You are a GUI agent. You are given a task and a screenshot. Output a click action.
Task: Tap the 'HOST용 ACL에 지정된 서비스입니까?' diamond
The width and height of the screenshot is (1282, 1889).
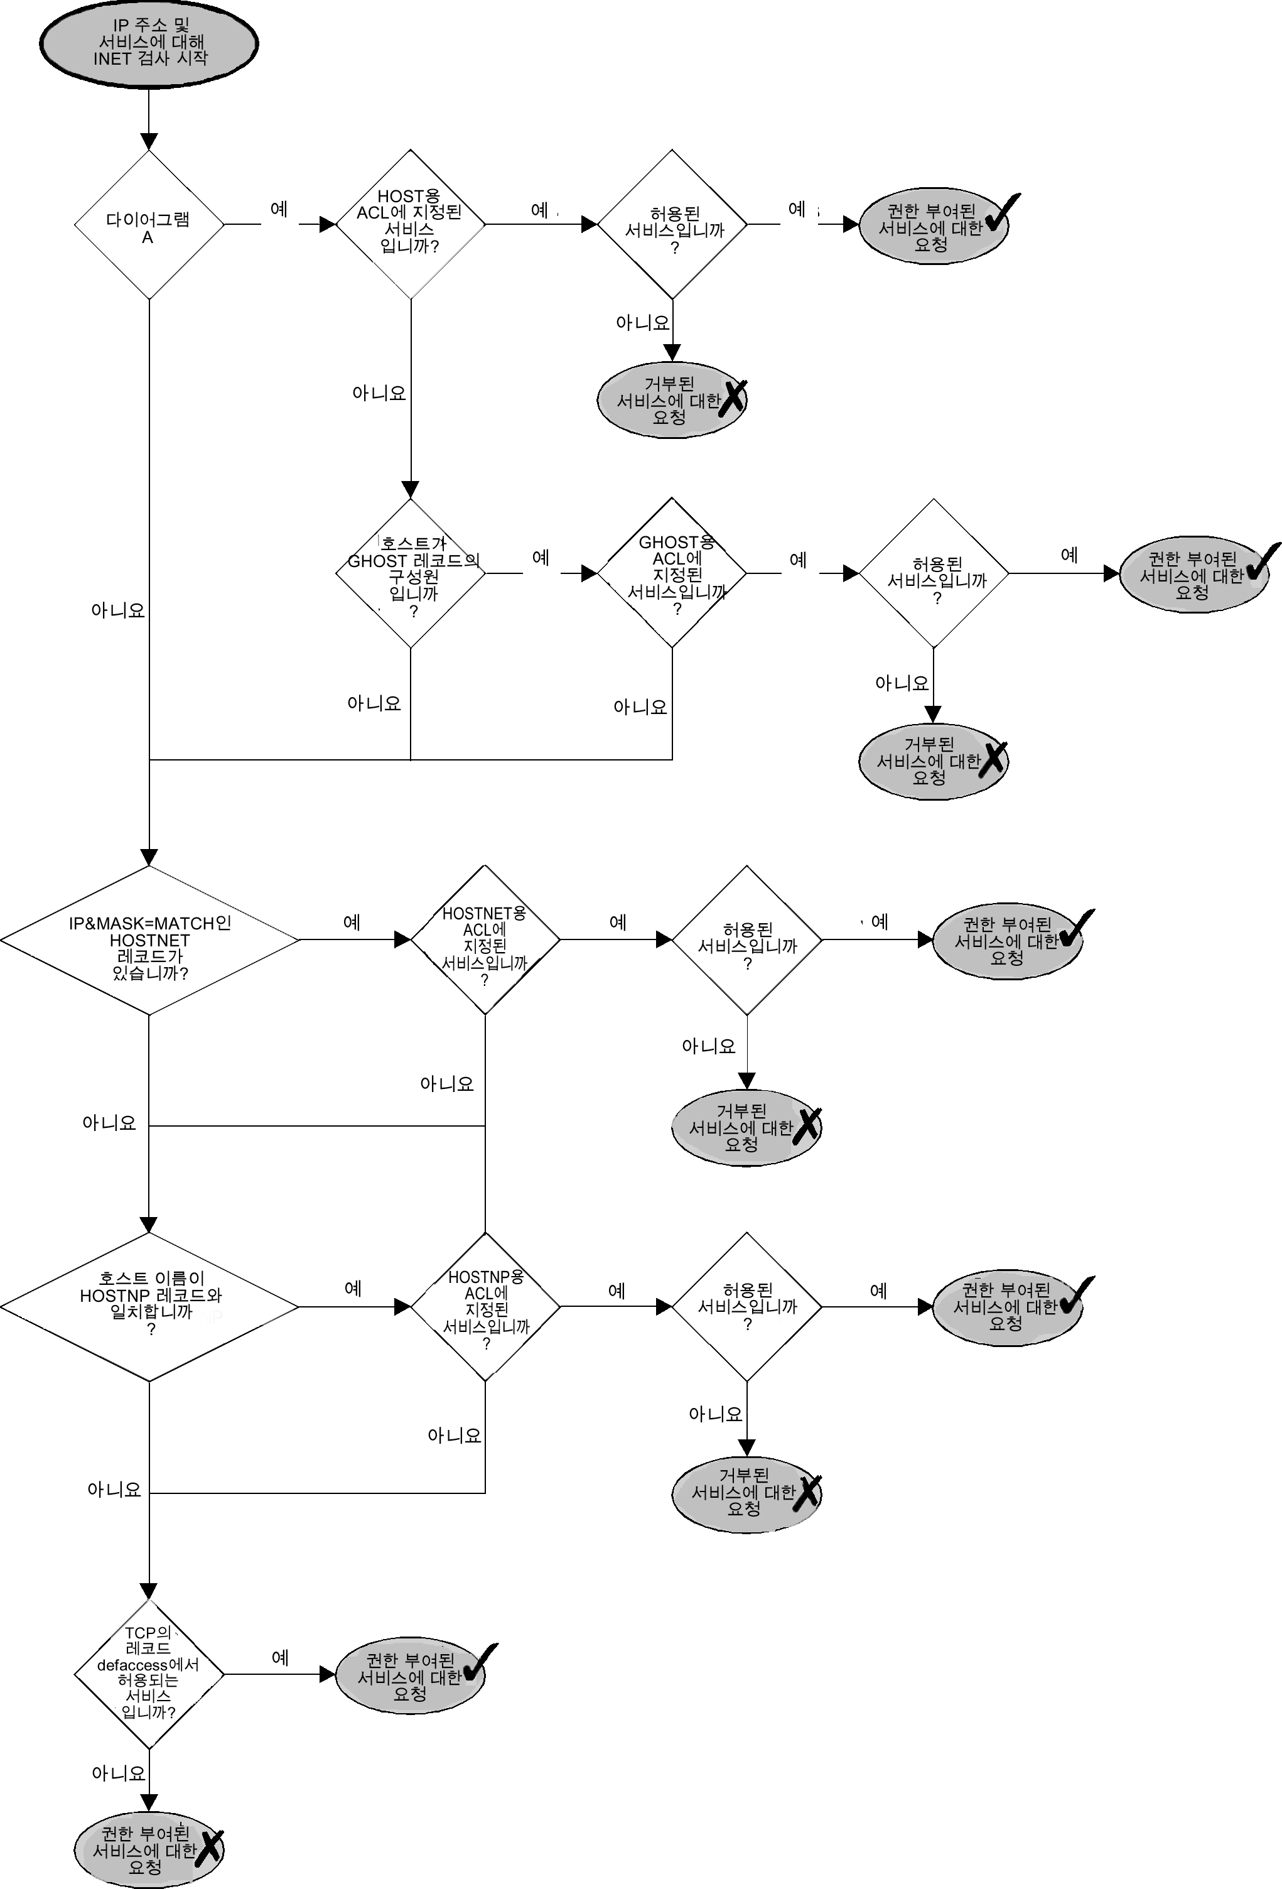[410, 224]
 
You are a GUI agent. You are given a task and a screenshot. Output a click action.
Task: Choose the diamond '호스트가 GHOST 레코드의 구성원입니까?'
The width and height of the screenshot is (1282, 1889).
[410, 573]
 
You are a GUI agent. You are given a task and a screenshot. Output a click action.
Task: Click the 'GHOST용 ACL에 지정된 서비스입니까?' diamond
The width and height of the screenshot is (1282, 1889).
[672, 573]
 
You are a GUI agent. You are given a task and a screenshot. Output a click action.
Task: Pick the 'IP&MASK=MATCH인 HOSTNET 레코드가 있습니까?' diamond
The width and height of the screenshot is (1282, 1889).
[149, 941]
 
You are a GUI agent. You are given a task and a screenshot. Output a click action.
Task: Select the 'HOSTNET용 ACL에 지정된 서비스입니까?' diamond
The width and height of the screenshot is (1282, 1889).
[485, 941]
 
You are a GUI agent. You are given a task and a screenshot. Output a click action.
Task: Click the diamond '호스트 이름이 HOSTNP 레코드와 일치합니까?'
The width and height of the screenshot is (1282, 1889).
[149, 1307]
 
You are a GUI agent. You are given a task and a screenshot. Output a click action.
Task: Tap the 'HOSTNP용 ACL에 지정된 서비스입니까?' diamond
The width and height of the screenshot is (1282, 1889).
[485, 1307]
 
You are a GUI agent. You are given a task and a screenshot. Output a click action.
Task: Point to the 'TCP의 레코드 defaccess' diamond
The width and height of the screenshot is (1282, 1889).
[149, 1674]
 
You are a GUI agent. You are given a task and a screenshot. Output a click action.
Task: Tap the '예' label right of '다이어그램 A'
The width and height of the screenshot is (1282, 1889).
[279, 210]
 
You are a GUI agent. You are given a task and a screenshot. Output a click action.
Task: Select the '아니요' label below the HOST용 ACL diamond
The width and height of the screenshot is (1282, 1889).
[379, 393]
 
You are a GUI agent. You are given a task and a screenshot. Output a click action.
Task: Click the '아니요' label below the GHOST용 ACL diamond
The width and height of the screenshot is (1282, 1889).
[640, 707]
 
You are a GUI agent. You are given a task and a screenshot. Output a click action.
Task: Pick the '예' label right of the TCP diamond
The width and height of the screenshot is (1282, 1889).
[280, 1657]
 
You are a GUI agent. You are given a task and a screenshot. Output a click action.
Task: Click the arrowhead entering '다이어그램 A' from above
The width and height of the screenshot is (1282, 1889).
[149, 141]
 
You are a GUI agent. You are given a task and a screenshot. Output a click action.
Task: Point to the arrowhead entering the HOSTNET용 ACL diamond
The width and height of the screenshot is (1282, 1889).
[402, 941]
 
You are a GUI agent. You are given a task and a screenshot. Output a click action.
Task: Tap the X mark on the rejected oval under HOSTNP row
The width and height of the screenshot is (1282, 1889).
[807, 1494]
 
